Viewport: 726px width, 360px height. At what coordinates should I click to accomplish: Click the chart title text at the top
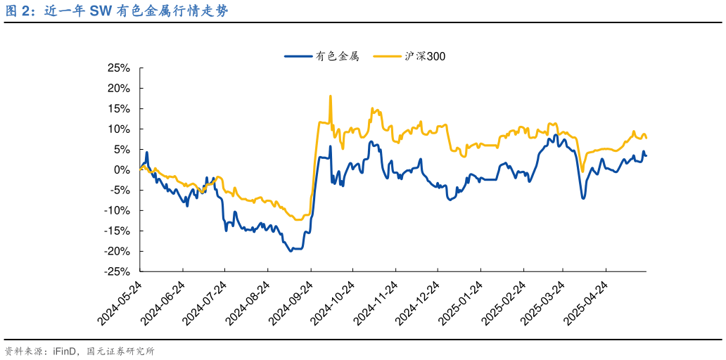pos(116,12)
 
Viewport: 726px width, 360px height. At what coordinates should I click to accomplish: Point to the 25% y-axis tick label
pos(118,68)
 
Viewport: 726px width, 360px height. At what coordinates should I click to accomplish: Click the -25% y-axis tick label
pos(117,271)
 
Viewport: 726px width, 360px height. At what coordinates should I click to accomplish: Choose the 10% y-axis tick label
pos(118,129)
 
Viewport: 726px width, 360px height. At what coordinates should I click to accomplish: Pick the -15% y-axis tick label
pos(117,231)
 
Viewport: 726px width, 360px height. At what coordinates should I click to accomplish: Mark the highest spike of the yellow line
pos(330,96)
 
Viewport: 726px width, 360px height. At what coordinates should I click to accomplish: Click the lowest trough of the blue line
pos(291,250)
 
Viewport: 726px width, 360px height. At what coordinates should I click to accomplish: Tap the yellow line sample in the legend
pos(386,56)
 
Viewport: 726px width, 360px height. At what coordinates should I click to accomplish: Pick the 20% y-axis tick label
pos(118,89)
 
